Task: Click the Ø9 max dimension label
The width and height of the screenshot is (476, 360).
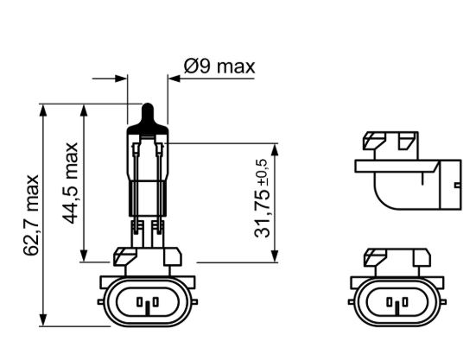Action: coord(219,66)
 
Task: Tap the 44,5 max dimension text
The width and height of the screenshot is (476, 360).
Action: coord(73,183)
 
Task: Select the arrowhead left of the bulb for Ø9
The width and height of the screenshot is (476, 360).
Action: coord(123,78)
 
